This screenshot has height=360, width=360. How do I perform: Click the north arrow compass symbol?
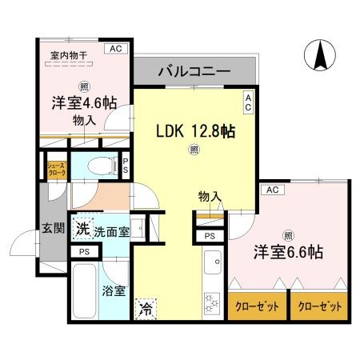[318, 55]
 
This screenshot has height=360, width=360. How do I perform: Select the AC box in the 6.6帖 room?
[271, 190]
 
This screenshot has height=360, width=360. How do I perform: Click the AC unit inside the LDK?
[248, 102]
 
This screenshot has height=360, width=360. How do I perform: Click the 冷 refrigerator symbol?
[146, 306]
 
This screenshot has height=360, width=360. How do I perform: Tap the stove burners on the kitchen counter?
[212, 302]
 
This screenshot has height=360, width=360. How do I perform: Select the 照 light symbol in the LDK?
[193, 149]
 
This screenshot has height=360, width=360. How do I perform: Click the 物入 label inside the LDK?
[210, 196]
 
